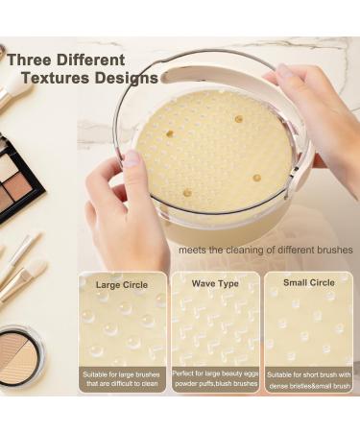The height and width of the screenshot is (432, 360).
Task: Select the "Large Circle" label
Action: click(x=122, y=284)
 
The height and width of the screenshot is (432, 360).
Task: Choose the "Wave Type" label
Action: click(x=215, y=284)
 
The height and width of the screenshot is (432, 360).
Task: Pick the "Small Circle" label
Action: click(x=309, y=283)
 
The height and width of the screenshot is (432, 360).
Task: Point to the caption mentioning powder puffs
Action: click(x=215, y=384)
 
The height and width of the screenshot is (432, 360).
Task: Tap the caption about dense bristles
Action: click(x=309, y=384)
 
